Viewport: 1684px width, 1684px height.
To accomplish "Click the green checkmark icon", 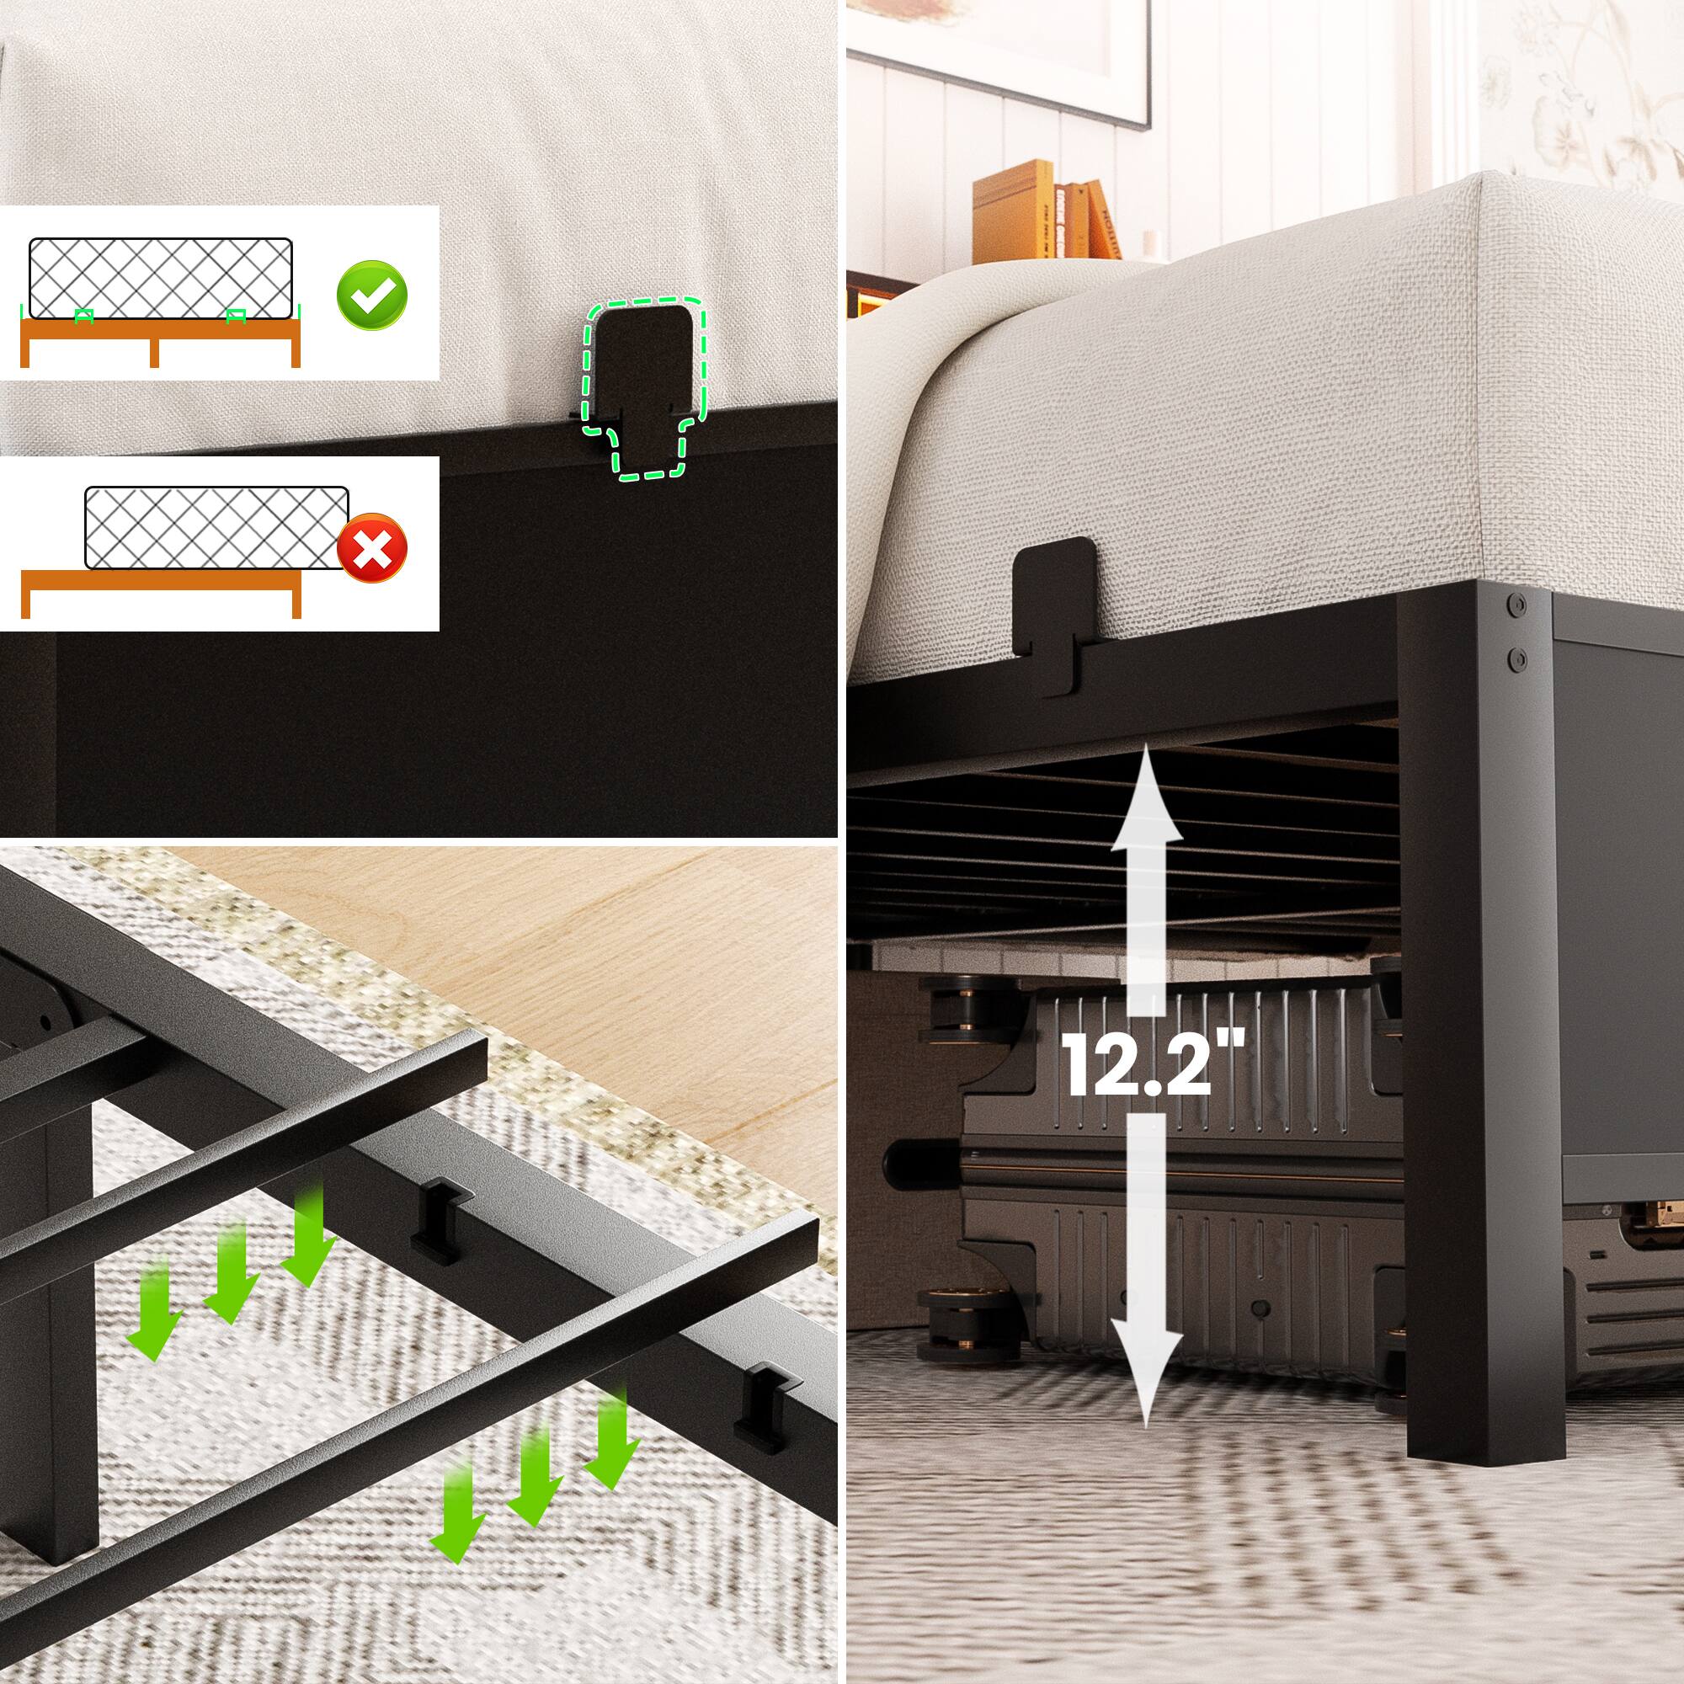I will coord(371,294).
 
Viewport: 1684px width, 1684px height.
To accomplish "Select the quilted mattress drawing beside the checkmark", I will coord(160,279).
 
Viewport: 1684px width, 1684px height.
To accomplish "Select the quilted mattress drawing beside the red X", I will coord(216,527).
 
